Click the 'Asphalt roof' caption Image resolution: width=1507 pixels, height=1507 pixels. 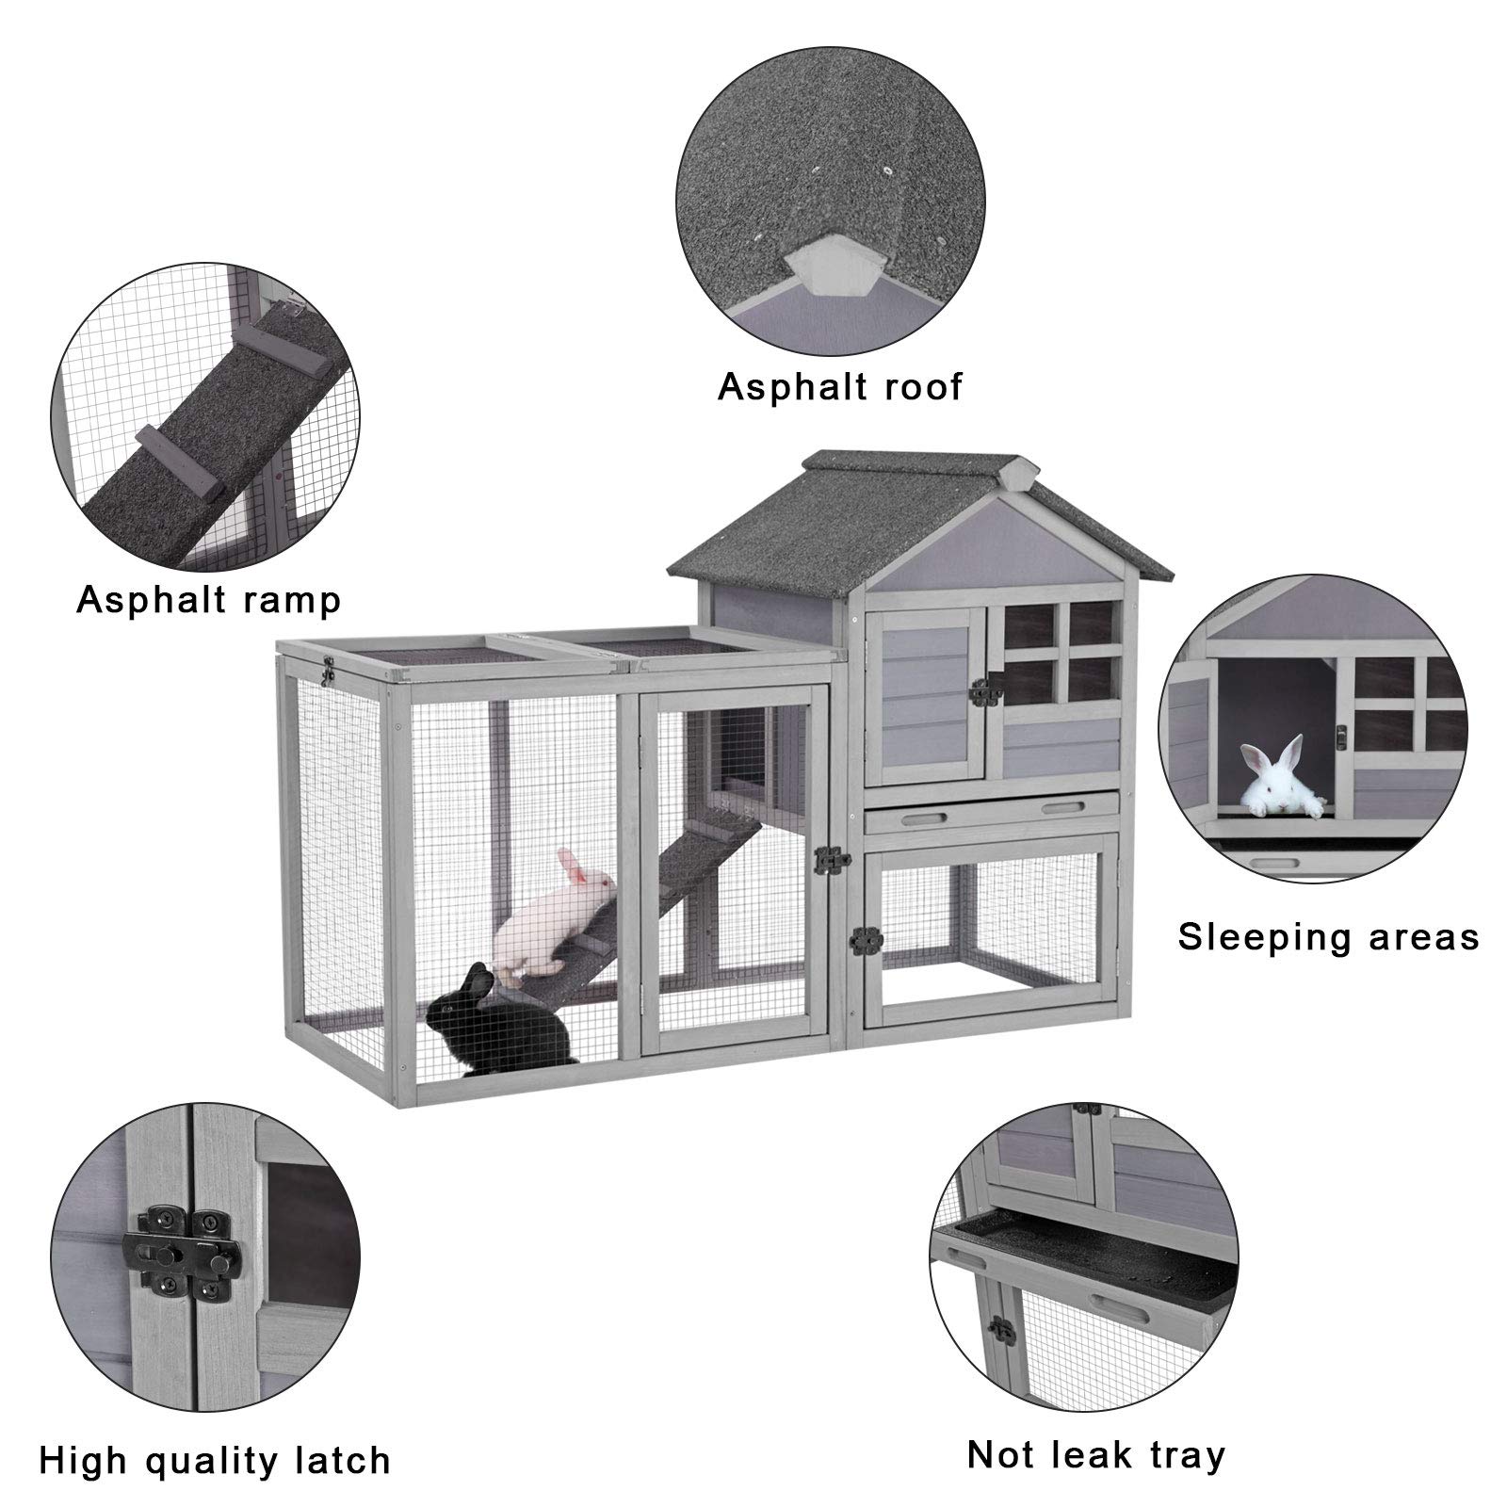pos(840,387)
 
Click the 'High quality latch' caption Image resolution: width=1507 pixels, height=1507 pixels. pos(215,1460)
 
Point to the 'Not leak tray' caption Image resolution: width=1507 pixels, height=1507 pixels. pos(1096,1454)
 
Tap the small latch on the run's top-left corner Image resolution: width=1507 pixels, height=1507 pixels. pos(329,671)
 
